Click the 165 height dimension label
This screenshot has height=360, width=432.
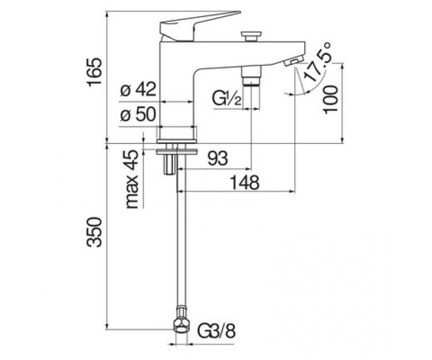coord(94,72)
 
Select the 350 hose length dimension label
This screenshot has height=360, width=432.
coord(94,232)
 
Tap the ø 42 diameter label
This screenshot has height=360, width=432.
coord(138,90)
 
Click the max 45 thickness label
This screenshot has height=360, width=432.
coord(132,179)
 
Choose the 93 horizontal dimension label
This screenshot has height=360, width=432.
coord(218,158)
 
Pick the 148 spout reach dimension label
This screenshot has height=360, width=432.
coord(245,182)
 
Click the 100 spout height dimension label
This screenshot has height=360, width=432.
coord(331,100)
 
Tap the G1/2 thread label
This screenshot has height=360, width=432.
coord(227,99)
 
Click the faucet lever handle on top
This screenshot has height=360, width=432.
coord(193,26)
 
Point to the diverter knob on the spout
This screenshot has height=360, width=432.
coord(250,36)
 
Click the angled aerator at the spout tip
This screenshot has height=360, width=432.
coord(294,60)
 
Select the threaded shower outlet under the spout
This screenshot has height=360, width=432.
coord(251,76)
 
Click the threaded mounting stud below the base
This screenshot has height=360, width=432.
coord(169,164)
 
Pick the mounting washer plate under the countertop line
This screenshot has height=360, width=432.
coord(177,152)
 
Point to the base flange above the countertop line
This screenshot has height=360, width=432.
coord(177,141)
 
